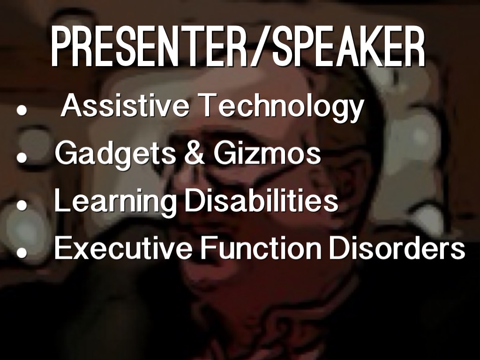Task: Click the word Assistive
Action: (125, 105)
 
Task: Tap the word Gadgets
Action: (115, 154)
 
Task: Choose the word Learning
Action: (116, 201)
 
